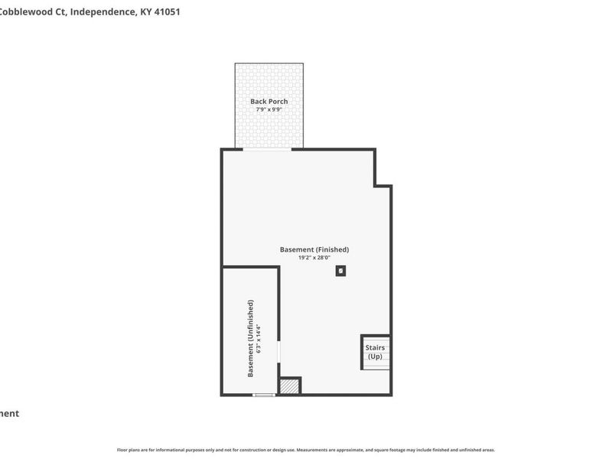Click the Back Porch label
point(269,101)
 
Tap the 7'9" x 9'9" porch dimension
point(269,109)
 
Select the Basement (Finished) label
point(314,249)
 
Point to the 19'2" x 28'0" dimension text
point(314,258)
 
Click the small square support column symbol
point(340,270)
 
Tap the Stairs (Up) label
point(375,352)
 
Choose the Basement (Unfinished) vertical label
point(250,339)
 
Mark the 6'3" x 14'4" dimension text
point(259,339)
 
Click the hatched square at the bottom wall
point(288,386)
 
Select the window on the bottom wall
point(264,395)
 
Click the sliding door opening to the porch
point(267,149)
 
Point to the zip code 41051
point(167,12)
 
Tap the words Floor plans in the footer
point(128,450)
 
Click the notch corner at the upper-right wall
point(376,185)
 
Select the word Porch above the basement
point(278,101)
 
